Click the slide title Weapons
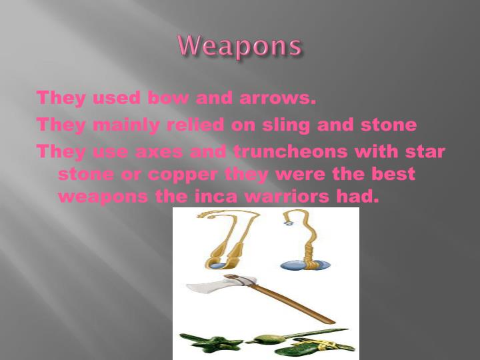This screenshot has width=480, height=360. tap(240, 46)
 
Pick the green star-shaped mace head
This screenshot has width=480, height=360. tap(212, 343)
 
